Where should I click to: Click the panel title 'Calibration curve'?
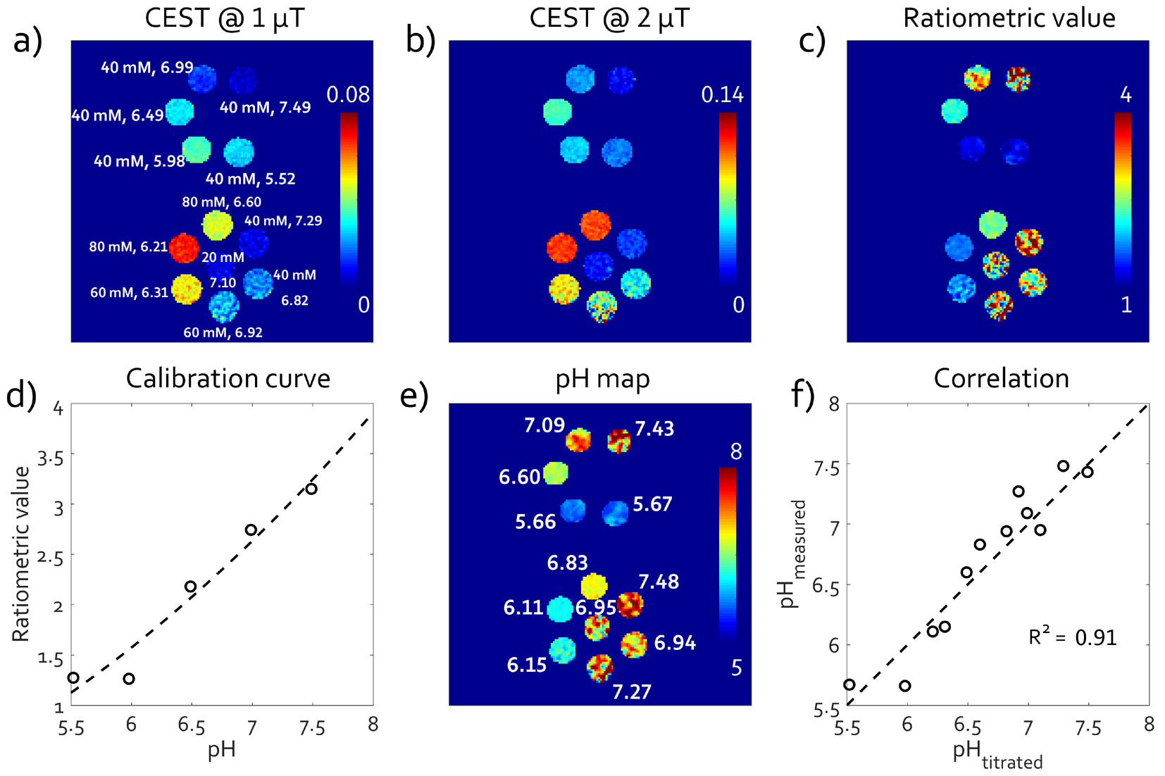[228, 379]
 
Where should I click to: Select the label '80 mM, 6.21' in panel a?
[128, 247]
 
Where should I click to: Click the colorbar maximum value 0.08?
[348, 94]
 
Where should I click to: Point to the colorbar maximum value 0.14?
[722, 94]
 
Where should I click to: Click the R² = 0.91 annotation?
[1072, 637]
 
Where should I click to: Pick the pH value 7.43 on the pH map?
[654, 429]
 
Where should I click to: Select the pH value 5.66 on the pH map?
[535, 522]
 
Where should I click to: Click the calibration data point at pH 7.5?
[311, 489]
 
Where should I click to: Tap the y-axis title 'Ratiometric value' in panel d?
[21, 554]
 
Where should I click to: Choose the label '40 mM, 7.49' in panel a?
[265, 108]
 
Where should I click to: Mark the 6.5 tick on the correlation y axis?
[828, 585]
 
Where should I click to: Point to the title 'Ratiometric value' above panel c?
[1009, 18]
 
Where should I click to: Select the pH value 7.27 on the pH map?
[631, 692]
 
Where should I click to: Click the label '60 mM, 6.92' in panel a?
[223, 332]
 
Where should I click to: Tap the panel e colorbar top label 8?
[736, 451]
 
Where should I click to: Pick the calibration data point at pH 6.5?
[190, 587]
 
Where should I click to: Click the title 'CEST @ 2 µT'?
[609, 18]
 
